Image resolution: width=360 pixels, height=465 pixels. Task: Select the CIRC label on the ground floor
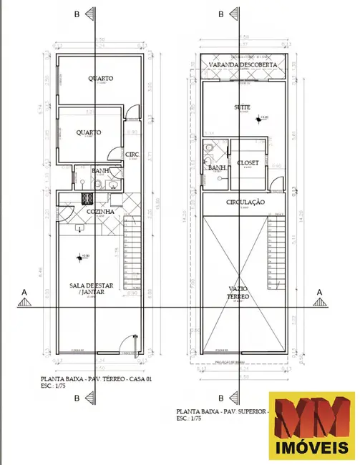pyautogui.click(x=132, y=154)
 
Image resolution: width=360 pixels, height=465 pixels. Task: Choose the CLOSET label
pyautogui.click(x=248, y=162)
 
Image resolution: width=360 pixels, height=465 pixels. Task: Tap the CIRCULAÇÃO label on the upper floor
pyautogui.click(x=245, y=202)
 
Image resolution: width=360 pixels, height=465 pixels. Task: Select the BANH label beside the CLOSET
pyautogui.click(x=218, y=167)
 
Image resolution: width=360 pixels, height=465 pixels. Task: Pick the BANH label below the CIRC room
pyautogui.click(x=101, y=170)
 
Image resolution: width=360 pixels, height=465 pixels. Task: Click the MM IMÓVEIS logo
pyautogui.click(x=311, y=426)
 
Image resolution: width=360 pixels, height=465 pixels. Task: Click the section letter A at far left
pyautogui.click(x=25, y=292)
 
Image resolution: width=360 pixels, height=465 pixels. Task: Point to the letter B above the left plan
pyautogui.click(x=77, y=14)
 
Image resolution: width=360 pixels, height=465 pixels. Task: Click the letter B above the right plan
pyautogui.click(x=221, y=14)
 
